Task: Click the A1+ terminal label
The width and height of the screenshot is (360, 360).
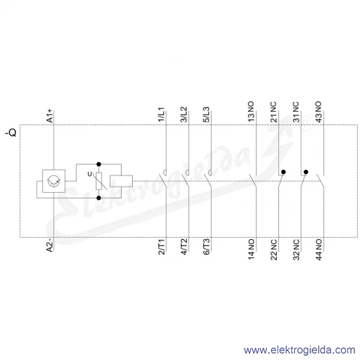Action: (x=50, y=116)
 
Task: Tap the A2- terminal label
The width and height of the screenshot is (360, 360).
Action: (x=50, y=245)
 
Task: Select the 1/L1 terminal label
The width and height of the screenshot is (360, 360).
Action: (x=161, y=115)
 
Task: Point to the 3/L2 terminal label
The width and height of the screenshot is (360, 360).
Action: (x=184, y=115)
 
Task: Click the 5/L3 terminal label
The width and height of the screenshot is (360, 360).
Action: (x=206, y=115)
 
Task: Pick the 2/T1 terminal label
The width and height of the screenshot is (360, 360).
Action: (x=161, y=247)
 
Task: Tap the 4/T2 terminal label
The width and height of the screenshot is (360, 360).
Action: (x=184, y=247)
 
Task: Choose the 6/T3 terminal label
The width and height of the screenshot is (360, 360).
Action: (x=206, y=247)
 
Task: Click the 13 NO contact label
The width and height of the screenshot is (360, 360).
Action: (x=251, y=112)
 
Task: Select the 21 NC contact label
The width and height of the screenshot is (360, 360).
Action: (x=273, y=112)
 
